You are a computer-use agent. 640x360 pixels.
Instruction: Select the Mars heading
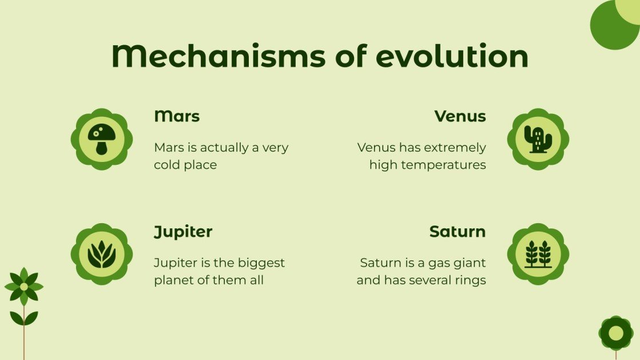pyautogui.click(x=177, y=116)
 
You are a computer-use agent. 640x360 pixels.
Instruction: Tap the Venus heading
pyautogui.click(x=460, y=116)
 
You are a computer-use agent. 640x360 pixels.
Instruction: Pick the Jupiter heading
pyautogui.click(x=183, y=232)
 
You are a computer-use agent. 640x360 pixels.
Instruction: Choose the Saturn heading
pyautogui.click(x=457, y=232)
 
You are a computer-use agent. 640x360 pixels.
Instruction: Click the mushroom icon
pyautogui.click(x=102, y=139)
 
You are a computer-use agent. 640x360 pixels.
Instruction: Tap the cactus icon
pyautogui.click(x=538, y=139)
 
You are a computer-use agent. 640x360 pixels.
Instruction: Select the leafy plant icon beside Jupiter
pyautogui.click(x=102, y=254)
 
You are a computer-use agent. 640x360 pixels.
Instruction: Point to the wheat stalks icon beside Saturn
pyautogui.click(x=538, y=254)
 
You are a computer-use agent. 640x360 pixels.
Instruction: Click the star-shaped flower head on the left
pyautogui.click(x=23, y=286)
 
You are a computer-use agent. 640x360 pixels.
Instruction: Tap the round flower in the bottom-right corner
pyautogui.click(x=616, y=333)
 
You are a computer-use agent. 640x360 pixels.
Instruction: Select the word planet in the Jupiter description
pyautogui.click(x=173, y=280)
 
